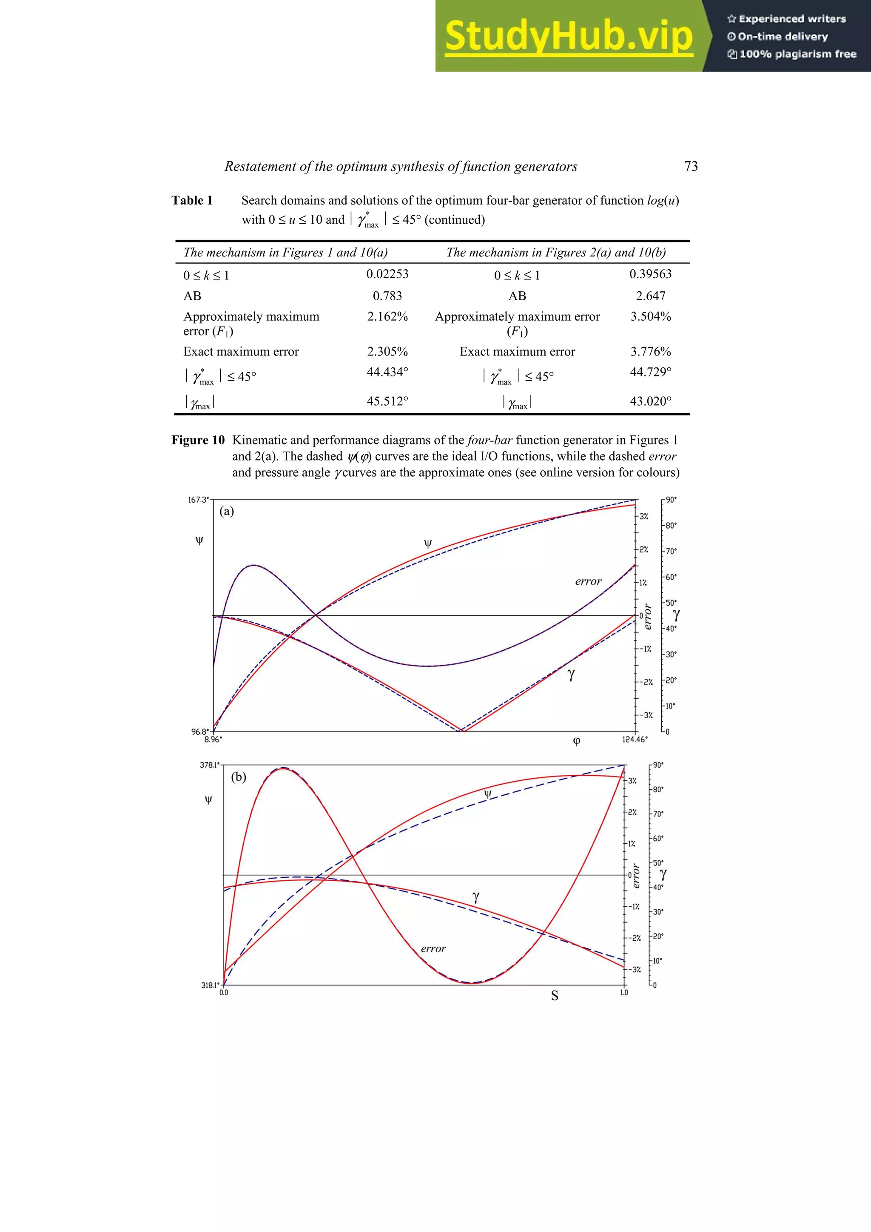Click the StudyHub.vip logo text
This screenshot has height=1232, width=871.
click(568, 37)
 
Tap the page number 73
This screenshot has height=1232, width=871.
click(691, 166)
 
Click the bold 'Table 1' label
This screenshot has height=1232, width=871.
click(192, 201)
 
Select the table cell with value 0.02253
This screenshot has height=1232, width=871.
click(387, 274)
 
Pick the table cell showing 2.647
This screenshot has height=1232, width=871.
click(650, 296)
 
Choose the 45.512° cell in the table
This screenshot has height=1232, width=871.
click(387, 401)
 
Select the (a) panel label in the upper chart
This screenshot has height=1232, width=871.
click(227, 511)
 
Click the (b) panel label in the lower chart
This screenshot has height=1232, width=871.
click(238, 777)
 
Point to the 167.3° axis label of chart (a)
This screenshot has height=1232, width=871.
click(197, 500)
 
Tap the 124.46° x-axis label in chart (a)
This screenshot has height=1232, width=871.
click(635, 740)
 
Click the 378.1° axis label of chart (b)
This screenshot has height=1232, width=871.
click(209, 765)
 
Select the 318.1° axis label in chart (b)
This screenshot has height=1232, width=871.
click(209, 985)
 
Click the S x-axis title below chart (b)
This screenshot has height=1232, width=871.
click(555, 996)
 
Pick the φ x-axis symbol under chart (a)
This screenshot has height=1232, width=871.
click(576, 741)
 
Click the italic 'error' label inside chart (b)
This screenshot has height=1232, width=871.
click(433, 949)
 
